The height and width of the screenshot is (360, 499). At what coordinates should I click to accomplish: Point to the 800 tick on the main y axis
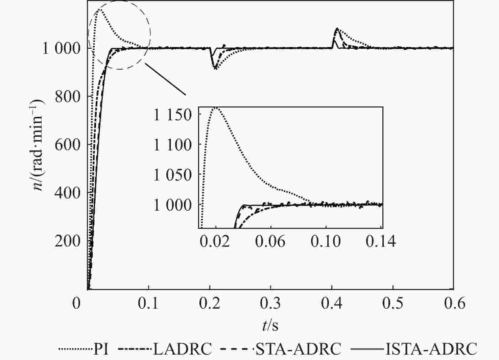click(68, 97)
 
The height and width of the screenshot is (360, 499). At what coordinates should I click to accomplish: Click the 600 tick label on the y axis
click(68, 145)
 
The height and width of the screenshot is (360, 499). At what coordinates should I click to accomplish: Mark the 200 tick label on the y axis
click(68, 241)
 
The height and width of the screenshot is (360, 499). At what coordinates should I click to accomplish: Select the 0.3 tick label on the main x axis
click(271, 303)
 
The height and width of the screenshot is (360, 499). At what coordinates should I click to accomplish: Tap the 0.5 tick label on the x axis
click(393, 303)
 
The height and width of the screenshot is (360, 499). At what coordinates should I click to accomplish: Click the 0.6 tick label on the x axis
click(454, 303)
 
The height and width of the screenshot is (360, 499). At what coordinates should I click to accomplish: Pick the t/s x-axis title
click(270, 326)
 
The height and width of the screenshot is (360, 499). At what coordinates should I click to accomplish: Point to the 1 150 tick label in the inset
click(173, 115)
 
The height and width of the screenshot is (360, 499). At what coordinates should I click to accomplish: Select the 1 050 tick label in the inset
click(173, 175)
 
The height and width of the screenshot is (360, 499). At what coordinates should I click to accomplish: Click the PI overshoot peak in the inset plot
click(215, 108)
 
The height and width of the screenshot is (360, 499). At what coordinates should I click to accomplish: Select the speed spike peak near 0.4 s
click(337, 29)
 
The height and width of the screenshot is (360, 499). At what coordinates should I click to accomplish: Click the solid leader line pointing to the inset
click(166, 79)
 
